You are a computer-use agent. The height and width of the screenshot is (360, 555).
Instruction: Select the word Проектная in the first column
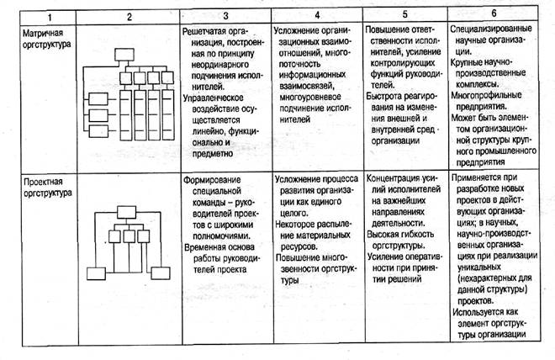pyautogui.click(x=43, y=181)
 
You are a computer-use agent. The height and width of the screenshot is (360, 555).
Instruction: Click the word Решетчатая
pyautogui.click(x=206, y=29)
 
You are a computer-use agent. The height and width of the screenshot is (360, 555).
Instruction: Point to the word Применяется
pyautogui.click(x=485, y=178)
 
